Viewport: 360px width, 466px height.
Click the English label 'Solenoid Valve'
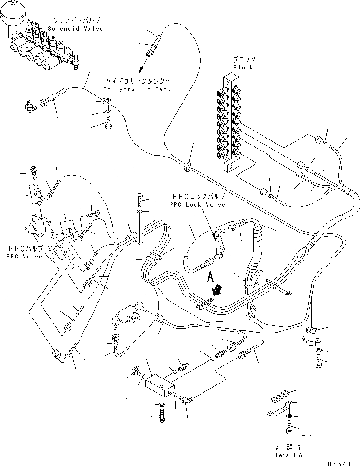(75, 29)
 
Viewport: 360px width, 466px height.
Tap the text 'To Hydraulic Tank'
(137, 89)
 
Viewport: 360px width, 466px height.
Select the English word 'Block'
(243, 68)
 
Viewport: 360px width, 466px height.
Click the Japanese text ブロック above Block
(244, 60)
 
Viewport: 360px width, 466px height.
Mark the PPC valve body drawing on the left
(38, 227)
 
